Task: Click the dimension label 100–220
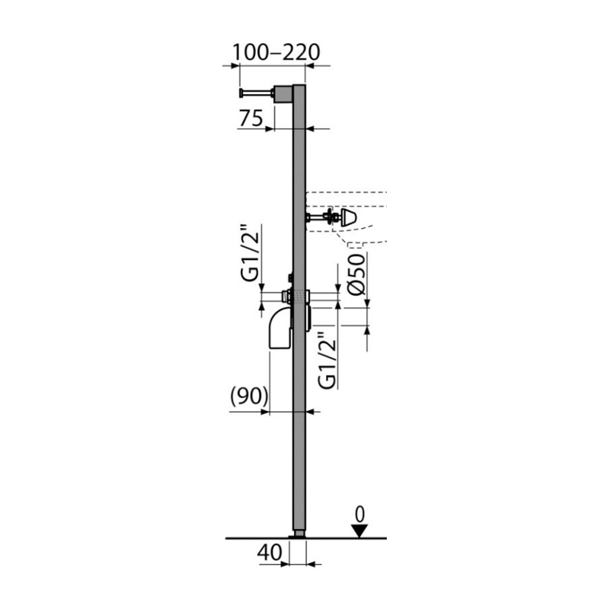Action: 276,52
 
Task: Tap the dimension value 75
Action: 251,119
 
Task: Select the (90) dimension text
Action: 249,396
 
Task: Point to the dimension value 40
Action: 270,552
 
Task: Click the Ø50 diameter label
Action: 356,274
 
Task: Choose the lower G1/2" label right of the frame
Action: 327,359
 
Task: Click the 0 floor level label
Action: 359,515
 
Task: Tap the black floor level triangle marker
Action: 359,530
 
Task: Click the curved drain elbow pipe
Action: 280,328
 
